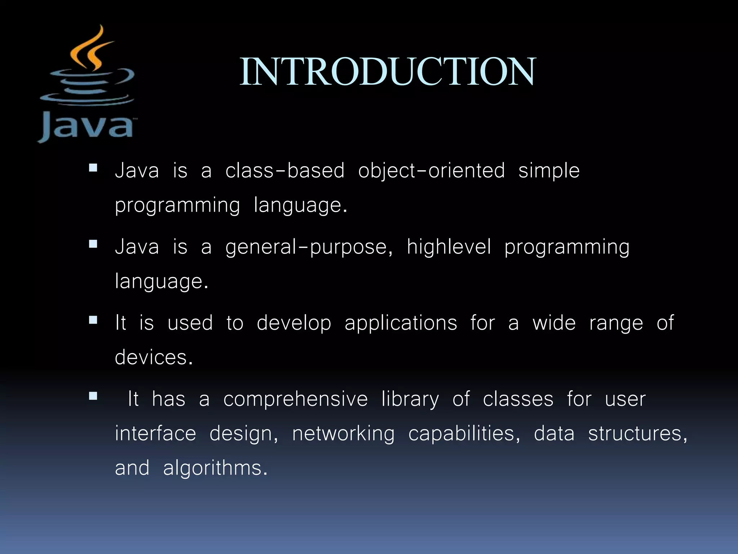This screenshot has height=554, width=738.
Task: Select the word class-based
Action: (x=285, y=171)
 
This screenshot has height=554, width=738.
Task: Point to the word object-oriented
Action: (x=431, y=171)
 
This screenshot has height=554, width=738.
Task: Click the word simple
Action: (x=549, y=171)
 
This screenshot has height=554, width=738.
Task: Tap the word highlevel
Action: (x=449, y=247)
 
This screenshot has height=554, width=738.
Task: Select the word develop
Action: (x=294, y=324)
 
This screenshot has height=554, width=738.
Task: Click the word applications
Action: (x=401, y=324)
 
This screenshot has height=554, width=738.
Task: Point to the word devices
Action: (x=154, y=357)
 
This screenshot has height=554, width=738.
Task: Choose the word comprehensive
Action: (x=295, y=399)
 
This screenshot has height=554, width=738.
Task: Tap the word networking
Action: (x=343, y=434)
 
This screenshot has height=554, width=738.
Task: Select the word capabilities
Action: (x=464, y=434)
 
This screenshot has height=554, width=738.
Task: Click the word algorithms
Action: (x=215, y=468)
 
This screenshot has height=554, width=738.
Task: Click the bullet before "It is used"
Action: (x=93, y=320)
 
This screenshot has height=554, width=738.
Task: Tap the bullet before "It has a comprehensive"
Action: (x=93, y=396)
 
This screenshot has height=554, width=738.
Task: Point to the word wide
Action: (x=554, y=323)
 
